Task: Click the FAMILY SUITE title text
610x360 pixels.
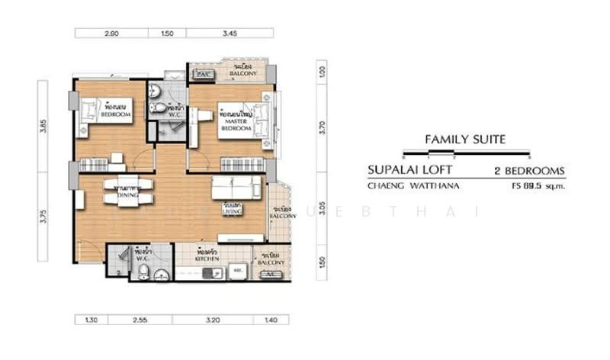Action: [465, 140]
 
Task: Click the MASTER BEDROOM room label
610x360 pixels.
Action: [236, 125]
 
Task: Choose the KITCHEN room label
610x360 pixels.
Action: [207, 259]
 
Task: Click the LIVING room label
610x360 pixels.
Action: [233, 211]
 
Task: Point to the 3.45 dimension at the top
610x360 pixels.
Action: [230, 34]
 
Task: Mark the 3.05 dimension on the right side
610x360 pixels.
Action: [323, 211]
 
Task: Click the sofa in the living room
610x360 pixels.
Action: [237, 186]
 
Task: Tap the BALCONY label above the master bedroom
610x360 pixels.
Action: [246, 72]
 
